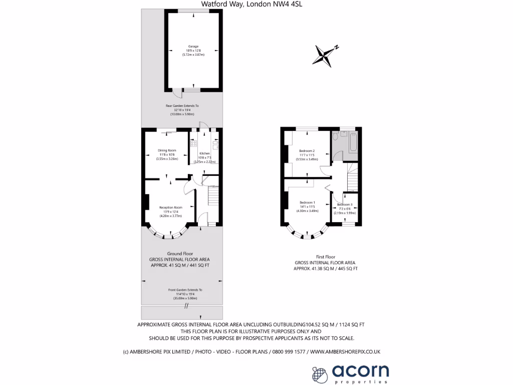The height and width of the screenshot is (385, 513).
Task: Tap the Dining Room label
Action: pyautogui.click(x=167, y=150)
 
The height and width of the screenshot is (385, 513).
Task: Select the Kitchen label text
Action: pyautogui.click(x=204, y=153)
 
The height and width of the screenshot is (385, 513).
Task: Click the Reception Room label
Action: pyautogui.click(x=170, y=207)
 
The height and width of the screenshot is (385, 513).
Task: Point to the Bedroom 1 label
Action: pyautogui.click(x=307, y=203)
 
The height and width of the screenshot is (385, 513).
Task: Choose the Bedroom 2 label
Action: pyautogui.click(x=307, y=151)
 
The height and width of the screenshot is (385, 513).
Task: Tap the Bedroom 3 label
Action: pyautogui.click(x=344, y=205)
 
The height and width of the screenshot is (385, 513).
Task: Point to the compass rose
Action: pyautogui.click(x=323, y=55)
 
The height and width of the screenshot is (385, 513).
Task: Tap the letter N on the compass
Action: pyautogui.click(x=337, y=47)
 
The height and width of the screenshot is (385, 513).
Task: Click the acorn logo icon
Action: pyautogui.click(x=319, y=373)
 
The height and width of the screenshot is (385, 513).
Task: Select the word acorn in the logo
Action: pyautogui.click(x=360, y=370)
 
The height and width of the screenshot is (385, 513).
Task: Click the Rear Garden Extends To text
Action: pyautogui.click(x=182, y=106)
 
